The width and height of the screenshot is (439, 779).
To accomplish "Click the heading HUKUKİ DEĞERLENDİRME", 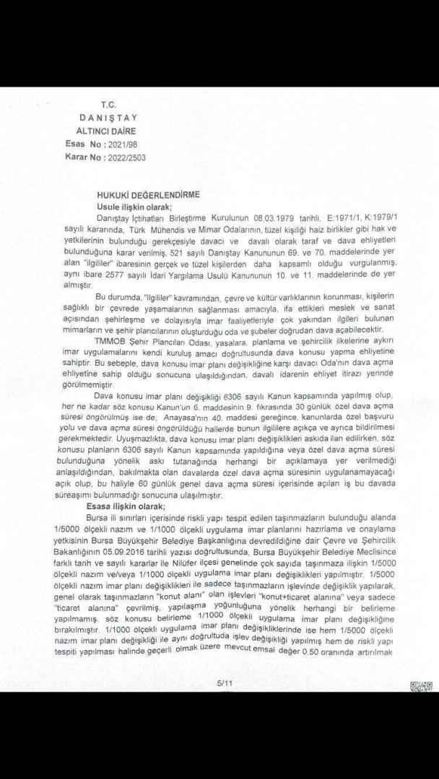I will pyautogui.click(x=149, y=194).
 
